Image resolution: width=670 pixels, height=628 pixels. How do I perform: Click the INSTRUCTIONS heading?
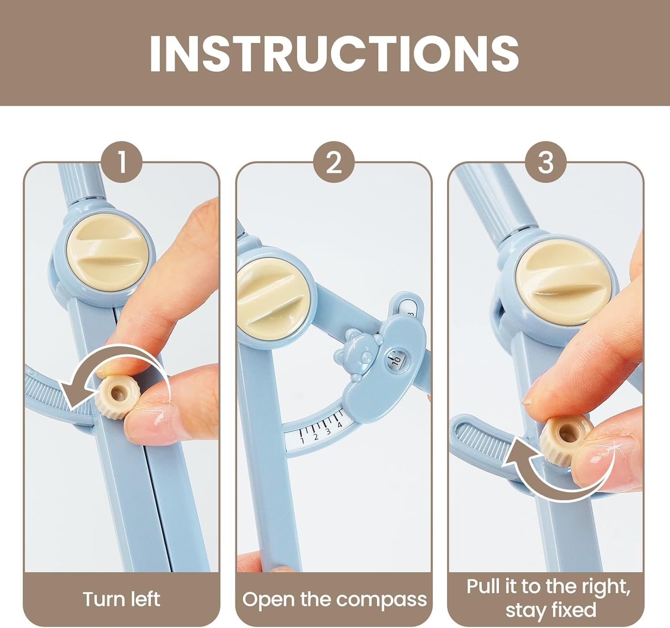click(334, 53)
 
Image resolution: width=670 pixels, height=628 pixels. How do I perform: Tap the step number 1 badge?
click(122, 162)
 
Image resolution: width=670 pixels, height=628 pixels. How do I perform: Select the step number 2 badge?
click(334, 162)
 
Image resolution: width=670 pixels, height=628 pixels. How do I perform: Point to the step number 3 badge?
click(545, 162)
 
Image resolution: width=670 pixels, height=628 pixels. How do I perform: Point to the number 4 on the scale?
click(339, 425)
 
